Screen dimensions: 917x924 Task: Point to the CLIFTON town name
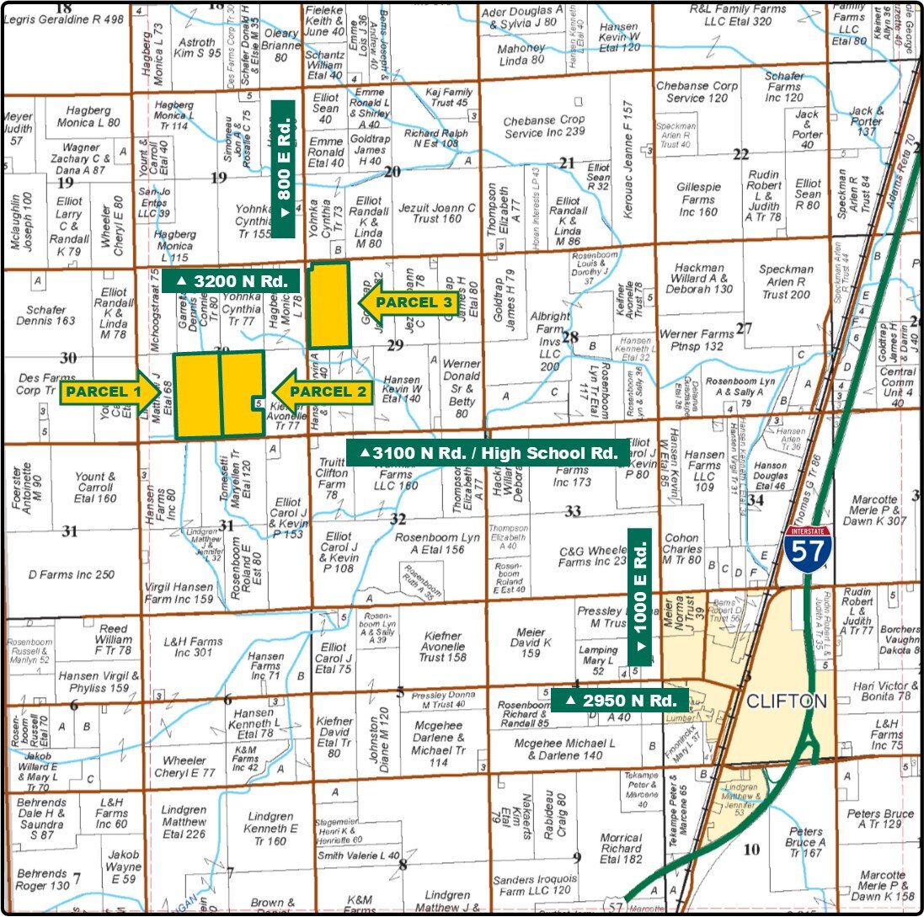(x=786, y=701)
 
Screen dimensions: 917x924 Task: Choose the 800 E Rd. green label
(x=283, y=169)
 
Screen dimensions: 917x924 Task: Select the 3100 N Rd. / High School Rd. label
(x=489, y=453)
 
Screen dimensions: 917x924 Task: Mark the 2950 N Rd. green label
(x=622, y=700)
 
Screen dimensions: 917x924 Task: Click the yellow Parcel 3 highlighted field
(x=328, y=306)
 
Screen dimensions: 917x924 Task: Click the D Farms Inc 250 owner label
(x=71, y=574)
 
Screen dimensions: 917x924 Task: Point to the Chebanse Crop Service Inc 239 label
(x=544, y=126)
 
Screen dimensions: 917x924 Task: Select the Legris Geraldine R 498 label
(x=64, y=20)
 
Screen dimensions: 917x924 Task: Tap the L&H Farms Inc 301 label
(x=195, y=647)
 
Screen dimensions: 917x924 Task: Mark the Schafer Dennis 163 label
(x=45, y=315)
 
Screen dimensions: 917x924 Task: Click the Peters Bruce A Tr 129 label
(x=880, y=818)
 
